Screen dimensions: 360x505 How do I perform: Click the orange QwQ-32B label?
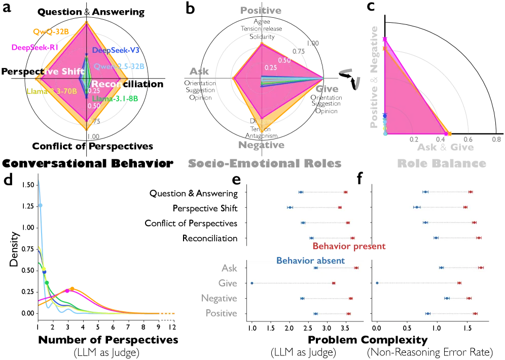point(50,31)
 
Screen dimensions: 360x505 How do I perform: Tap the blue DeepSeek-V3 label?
point(115,50)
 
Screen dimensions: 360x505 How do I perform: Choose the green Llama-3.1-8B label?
point(115,98)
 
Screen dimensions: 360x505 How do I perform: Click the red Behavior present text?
point(349,247)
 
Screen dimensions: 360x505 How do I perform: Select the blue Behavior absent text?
point(310,261)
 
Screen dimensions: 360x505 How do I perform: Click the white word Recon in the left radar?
point(107,84)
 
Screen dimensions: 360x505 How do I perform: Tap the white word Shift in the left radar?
point(73,71)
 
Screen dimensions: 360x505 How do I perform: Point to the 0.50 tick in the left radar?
point(94,106)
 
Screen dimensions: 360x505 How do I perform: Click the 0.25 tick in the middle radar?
point(271,67)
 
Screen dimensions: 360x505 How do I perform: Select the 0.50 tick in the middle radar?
point(285,60)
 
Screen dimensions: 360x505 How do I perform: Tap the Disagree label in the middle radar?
point(262,121)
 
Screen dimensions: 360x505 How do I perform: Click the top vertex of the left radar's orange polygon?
point(87,21)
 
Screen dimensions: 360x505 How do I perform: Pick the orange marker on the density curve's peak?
point(71,288)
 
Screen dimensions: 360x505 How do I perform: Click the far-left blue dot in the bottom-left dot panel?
point(252,283)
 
